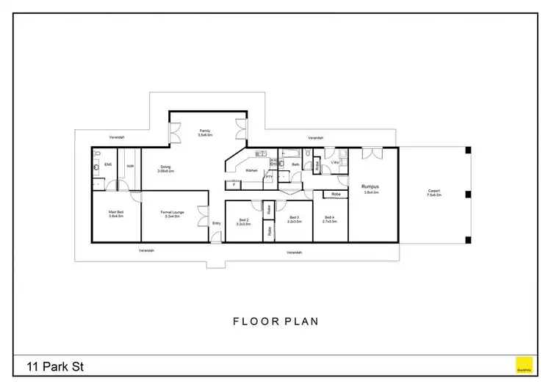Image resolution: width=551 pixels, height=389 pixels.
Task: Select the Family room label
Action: pos(205,133)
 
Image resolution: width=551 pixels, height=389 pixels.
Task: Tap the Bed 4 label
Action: pos(329,219)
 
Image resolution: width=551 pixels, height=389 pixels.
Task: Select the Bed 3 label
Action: pos(294,219)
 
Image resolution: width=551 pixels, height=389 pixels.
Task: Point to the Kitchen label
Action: pos(251,170)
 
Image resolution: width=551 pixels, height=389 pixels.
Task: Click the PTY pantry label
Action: pos(269,176)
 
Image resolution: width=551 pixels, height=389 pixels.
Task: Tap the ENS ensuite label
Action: pos(107,165)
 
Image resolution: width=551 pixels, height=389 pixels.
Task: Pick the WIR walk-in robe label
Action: pos(130,166)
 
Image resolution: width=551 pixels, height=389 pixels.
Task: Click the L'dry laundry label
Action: pos(334,162)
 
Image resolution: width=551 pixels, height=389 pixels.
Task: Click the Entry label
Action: pos(216,223)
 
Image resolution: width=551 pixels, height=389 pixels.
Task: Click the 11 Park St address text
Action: pos(55,365)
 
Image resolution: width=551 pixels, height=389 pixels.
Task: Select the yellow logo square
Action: pos(523,364)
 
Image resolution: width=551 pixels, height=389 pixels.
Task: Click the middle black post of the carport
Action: pos(467,194)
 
